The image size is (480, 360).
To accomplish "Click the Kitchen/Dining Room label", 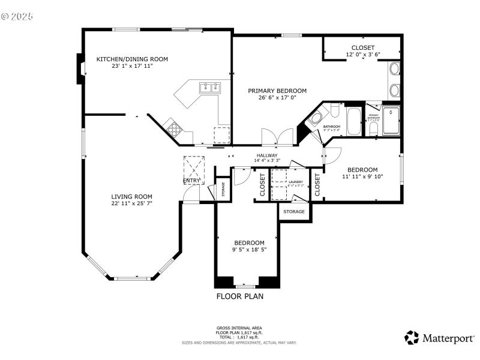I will [x=132, y=59].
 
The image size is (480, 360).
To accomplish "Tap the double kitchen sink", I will [x=211, y=88].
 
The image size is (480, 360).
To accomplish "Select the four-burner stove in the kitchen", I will [x=175, y=128].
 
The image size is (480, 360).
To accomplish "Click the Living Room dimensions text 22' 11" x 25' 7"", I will [x=131, y=203].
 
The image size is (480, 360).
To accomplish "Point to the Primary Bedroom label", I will [x=277, y=91].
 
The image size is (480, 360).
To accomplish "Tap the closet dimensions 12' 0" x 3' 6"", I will [x=362, y=55].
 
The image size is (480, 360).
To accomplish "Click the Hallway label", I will [x=267, y=155].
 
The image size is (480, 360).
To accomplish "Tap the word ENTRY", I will [x=192, y=181].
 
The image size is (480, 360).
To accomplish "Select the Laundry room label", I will [x=295, y=181].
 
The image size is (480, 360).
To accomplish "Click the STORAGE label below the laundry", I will [x=294, y=211].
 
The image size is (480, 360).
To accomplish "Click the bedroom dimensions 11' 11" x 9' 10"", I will [x=362, y=176].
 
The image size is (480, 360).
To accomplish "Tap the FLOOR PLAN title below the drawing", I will [x=239, y=296].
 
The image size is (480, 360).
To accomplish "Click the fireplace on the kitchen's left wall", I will [x=79, y=69].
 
